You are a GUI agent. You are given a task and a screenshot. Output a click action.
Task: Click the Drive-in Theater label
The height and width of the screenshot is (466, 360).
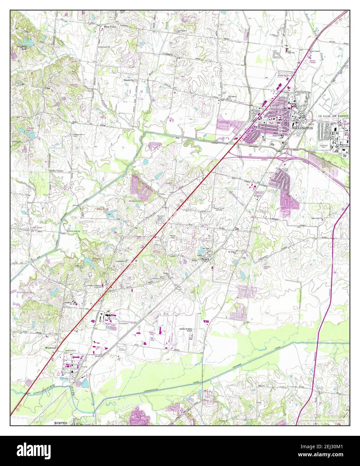[312, 61]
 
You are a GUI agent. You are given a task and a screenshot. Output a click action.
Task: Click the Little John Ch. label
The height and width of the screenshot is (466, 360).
[75, 231]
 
